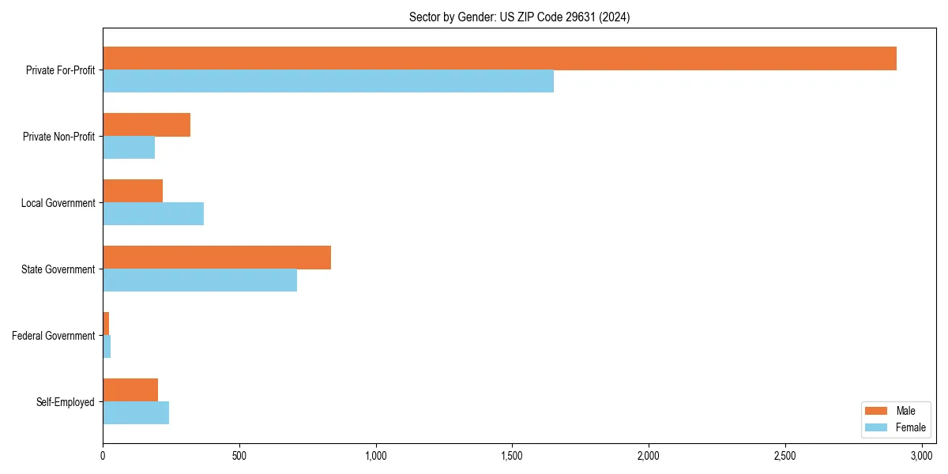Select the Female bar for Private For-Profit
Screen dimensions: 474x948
[328, 81]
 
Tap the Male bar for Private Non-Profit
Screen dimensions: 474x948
[146, 125]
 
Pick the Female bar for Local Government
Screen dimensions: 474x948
[153, 214]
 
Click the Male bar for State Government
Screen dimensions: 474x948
[216, 258]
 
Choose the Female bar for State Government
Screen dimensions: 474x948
[200, 280]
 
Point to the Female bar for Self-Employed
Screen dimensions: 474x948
[136, 413]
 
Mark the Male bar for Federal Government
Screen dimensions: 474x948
[106, 323]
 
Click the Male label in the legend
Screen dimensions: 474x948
[905, 411]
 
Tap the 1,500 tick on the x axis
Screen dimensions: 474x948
[512, 456]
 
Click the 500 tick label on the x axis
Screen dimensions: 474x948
[239, 456]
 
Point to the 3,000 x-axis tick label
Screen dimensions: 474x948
[921, 456]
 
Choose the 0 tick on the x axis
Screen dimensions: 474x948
[103, 456]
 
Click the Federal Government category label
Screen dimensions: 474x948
[54, 336]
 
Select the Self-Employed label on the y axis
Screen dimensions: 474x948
[66, 402]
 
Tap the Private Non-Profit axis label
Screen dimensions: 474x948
[58, 137]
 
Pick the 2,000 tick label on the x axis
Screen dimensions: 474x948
[649, 456]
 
